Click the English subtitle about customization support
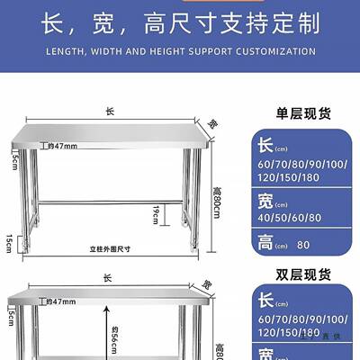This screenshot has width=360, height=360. click(179, 52)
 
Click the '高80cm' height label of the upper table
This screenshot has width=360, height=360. click(217, 200)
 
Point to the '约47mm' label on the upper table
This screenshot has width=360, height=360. click(63, 146)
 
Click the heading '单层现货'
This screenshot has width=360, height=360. click(303, 114)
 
